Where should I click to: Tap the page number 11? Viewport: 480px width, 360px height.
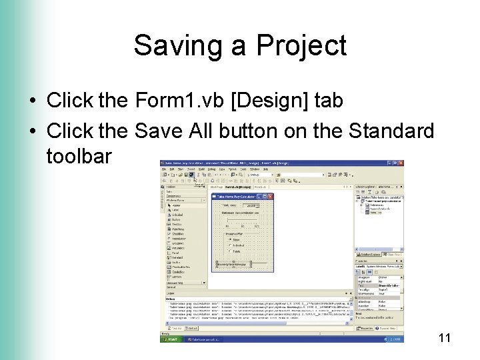point(445,339)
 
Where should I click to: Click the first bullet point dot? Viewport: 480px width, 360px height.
point(32,101)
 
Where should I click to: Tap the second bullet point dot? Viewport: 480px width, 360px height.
point(32,131)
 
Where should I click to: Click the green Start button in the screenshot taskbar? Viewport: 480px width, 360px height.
point(171,339)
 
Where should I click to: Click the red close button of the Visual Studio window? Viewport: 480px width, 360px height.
point(400,163)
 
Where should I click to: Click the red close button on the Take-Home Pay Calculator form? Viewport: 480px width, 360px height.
point(270,196)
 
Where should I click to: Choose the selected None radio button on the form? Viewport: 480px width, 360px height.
point(231,240)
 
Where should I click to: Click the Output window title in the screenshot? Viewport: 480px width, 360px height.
point(171,293)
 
